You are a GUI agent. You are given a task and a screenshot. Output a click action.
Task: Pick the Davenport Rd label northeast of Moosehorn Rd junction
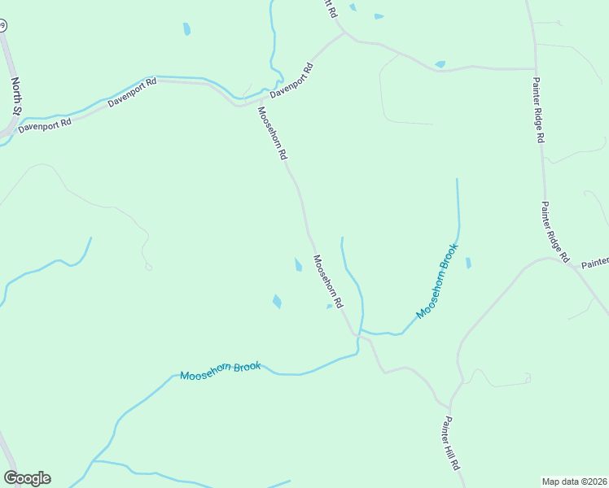(x=291, y=81)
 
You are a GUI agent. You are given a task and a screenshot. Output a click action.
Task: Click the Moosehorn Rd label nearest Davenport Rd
(x=273, y=133)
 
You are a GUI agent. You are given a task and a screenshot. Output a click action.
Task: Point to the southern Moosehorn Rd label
(x=328, y=281)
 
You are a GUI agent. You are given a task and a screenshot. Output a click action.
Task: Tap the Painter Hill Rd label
(x=452, y=444)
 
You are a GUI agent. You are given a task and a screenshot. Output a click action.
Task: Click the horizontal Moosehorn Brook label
(x=220, y=370)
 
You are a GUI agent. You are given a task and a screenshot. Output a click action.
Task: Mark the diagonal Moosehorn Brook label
(x=437, y=281)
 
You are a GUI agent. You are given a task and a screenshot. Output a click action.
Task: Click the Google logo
(x=27, y=478)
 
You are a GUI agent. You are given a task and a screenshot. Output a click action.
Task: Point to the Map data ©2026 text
(x=575, y=481)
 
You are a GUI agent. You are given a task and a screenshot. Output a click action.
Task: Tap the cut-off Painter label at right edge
(x=595, y=262)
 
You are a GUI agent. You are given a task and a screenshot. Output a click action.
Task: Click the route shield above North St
(x=2, y=26)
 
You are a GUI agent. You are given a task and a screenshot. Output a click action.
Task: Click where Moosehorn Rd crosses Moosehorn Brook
(x=357, y=334)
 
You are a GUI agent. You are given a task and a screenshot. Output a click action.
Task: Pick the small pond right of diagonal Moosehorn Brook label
(x=467, y=263)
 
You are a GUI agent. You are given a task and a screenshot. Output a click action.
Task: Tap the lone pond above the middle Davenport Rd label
(x=186, y=29)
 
